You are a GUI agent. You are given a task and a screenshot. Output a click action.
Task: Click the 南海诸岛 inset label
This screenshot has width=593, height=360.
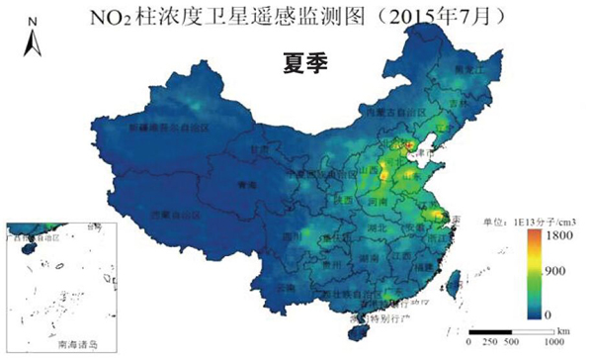(79, 345)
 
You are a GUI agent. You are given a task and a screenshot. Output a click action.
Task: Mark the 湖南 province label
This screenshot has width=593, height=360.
(373, 256)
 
